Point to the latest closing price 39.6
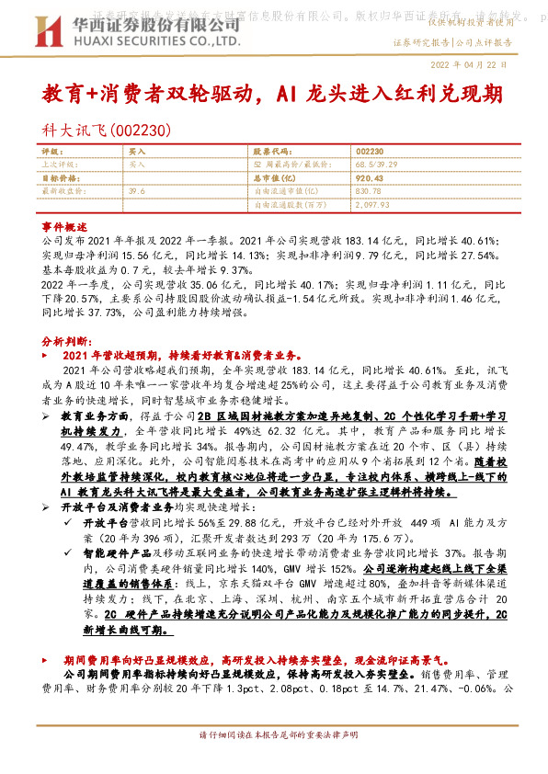pyautogui.click(x=138, y=190)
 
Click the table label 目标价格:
pyautogui.click(x=62, y=177)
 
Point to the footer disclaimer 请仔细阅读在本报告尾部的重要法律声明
pyautogui.click(x=274, y=761)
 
